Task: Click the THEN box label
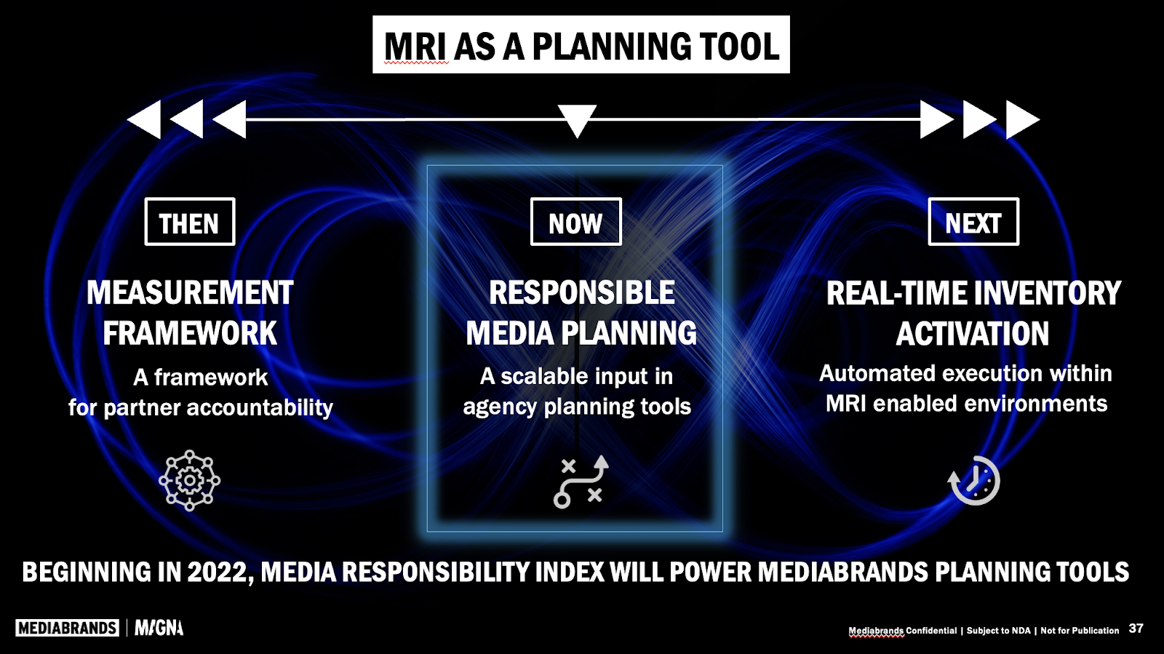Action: [189, 222]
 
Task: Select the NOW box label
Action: [575, 222]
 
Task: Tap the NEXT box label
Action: [973, 222]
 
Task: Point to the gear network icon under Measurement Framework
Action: [189, 480]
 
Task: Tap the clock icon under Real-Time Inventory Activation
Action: [974, 480]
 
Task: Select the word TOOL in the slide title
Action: [739, 47]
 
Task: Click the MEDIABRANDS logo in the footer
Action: [67, 628]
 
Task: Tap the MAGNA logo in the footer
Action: [159, 628]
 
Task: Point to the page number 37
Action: [1136, 629]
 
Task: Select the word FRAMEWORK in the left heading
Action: [190, 334]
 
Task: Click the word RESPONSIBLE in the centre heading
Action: [582, 293]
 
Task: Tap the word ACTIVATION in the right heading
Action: [973, 334]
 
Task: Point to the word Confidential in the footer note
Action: [931, 631]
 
